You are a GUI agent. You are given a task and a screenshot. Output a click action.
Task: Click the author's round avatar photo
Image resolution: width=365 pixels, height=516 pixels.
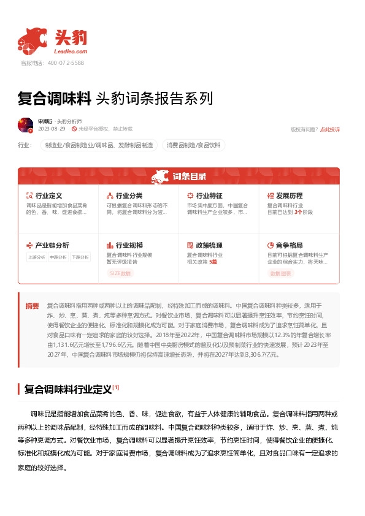tap(26, 125)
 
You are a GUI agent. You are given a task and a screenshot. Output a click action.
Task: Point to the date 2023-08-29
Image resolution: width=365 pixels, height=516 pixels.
tap(52, 129)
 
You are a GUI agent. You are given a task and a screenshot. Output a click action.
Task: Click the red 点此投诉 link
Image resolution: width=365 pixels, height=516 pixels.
tap(330, 129)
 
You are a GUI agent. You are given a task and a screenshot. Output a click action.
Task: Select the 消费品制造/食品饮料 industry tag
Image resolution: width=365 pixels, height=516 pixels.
tap(193, 145)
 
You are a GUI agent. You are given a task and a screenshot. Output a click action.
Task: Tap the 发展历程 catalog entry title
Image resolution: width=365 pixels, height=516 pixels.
tap(289, 195)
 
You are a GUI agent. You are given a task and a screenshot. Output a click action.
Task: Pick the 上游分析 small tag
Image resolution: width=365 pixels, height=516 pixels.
tap(37, 257)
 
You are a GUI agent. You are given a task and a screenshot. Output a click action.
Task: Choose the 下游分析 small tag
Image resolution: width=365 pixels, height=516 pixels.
tap(80, 257)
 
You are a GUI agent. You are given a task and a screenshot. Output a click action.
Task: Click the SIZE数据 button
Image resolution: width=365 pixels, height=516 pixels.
tap(121, 273)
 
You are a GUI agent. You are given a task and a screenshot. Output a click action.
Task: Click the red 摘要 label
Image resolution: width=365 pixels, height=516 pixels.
tap(32, 305)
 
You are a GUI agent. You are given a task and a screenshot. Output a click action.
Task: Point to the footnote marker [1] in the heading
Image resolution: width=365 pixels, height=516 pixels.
tap(116, 387)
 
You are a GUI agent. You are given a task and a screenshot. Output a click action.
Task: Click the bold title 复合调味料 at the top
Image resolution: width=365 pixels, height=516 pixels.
tap(54, 98)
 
